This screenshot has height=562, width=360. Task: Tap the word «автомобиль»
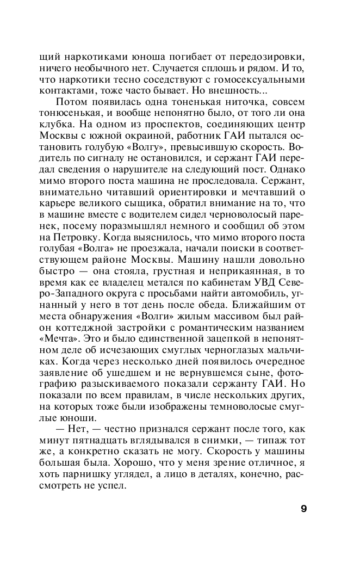249,301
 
